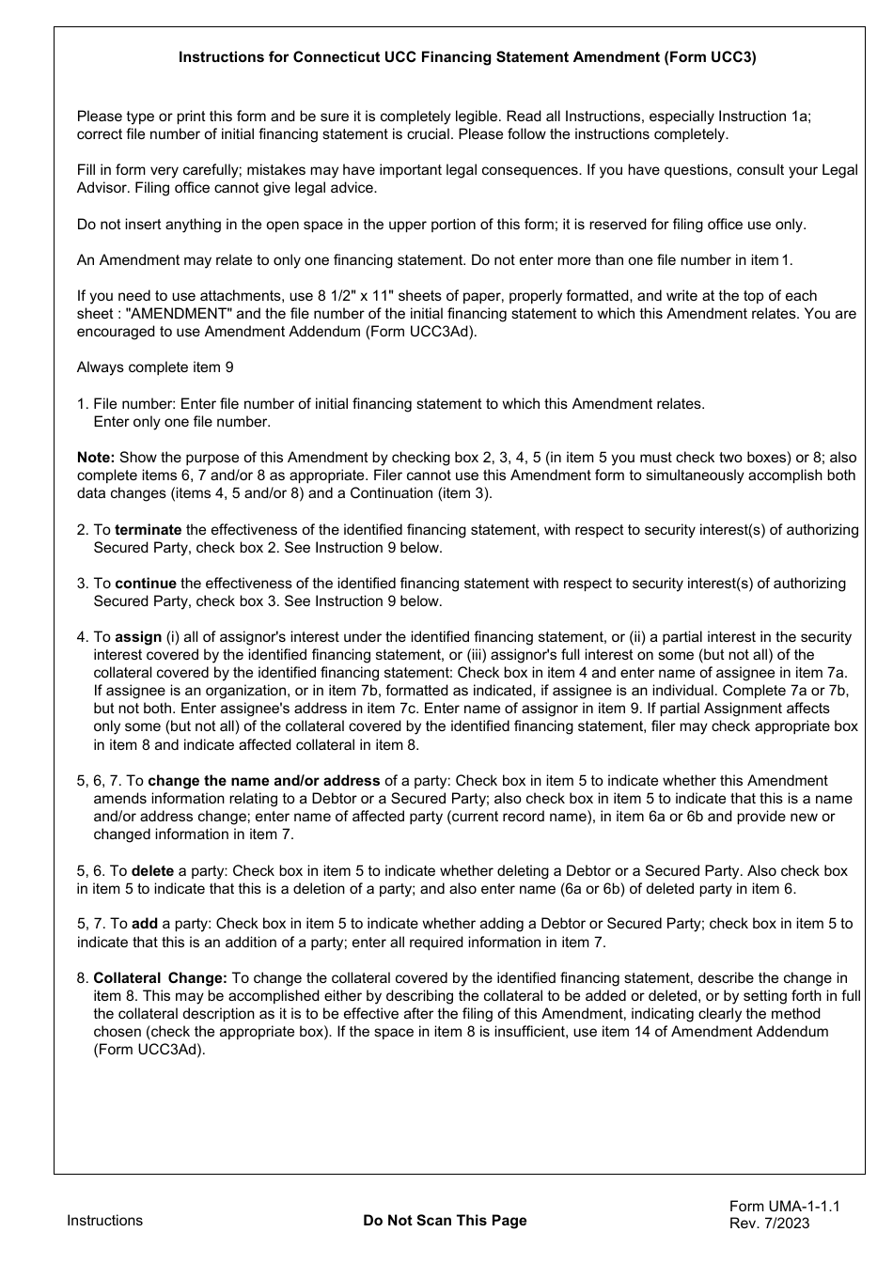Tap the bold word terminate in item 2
click(149, 530)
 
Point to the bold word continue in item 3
click(146, 584)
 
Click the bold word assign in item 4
click(138, 637)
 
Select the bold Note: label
click(96, 458)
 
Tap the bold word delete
click(152, 871)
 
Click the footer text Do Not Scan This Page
click(445, 1221)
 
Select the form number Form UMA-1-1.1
click(784, 1207)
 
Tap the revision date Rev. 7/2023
click(769, 1224)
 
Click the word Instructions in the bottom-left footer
click(104, 1221)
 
